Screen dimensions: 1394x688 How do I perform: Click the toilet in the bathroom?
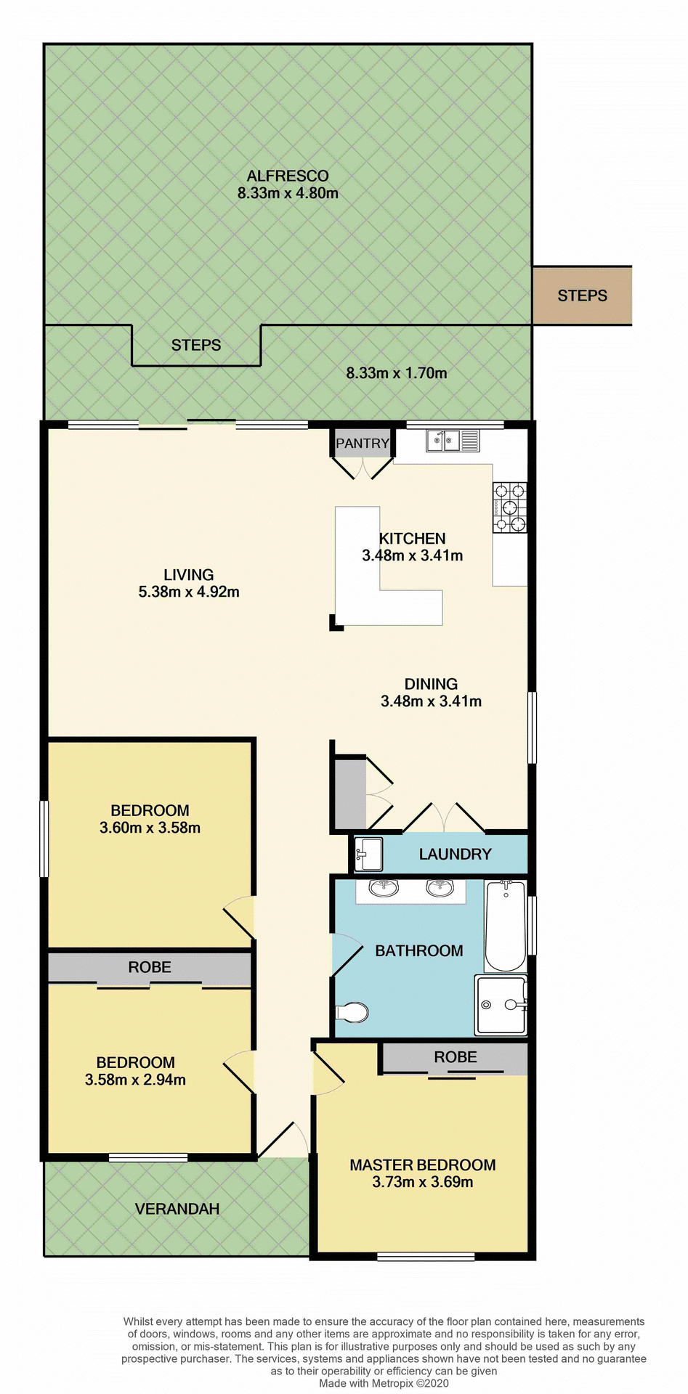point(354,1011)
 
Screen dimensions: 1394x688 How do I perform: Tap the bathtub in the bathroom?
point(505,926)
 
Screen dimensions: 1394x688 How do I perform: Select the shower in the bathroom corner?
point(501,1005)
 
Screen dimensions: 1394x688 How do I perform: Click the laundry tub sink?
point(369,853)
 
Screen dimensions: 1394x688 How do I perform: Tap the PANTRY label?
point(363,443)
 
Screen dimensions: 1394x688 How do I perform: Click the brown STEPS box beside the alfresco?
point(582,295)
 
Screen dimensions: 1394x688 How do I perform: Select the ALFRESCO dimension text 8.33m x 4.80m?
point(288,193)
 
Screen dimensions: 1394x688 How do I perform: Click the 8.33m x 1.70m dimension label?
point(396,373)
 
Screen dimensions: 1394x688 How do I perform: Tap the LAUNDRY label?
point(456,854)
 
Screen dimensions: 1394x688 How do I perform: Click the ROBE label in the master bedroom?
point(456,1057)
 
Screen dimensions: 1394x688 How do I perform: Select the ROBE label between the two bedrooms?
point(150,967)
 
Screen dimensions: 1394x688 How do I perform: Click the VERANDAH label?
point(177,1209)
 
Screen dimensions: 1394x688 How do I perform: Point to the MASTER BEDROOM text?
point(423,1165)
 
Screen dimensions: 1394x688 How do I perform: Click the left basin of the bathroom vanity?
point(383,887)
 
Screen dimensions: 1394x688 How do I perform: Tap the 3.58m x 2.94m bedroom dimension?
point(135,1080)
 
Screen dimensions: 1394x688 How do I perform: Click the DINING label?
point(431,684)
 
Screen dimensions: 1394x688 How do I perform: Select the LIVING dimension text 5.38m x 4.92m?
point(189,592)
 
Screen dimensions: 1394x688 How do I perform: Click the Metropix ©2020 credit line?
point(384,1383)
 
